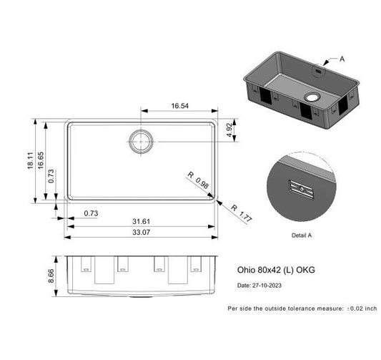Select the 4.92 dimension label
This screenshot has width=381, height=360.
click(x=229, y=131)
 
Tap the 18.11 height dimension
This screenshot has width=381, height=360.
click(x=30, y=162)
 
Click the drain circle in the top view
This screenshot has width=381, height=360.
click(x=142, y=142)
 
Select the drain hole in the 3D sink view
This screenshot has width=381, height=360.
click(x=312, y=96)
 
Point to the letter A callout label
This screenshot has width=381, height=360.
click(x=342, y=59)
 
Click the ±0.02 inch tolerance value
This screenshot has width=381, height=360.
click(x=362, y=308)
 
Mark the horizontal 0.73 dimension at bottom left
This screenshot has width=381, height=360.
click(x=91, y=213)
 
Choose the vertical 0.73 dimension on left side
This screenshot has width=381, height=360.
click(x=53, y=180)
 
